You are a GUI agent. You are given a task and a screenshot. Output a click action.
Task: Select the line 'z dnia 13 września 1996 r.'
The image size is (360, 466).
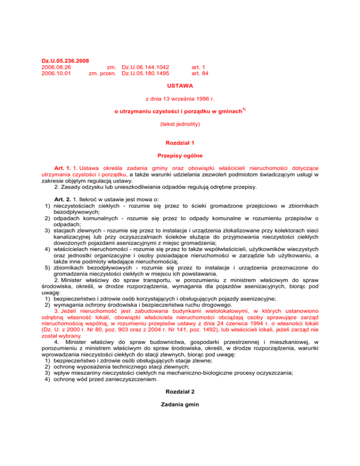(180, 99)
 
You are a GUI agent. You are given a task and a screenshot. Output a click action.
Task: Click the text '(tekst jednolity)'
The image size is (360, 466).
(180, 125)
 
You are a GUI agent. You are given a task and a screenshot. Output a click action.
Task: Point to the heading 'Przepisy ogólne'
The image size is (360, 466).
(180, 155)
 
